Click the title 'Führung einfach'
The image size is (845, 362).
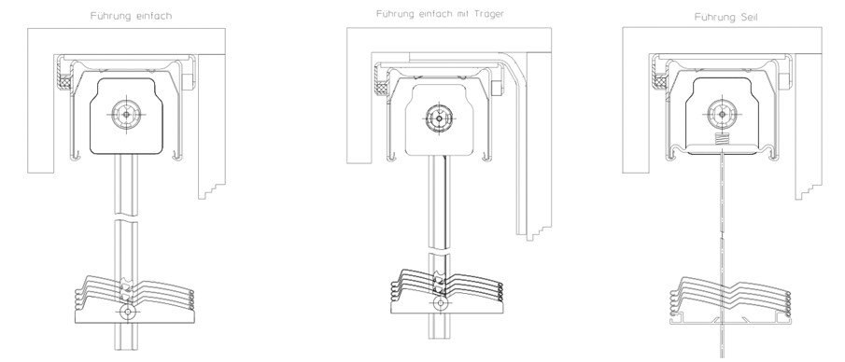pos(131,16)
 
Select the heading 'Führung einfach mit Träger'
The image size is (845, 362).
pos(440,14)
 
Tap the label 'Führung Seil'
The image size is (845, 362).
pos(727,17)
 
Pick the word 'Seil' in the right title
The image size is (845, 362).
pos(750,17)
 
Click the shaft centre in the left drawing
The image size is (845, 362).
pos(126,114)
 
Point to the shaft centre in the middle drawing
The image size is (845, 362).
pos(439,118)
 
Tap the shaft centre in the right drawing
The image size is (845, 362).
pos(721,114)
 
